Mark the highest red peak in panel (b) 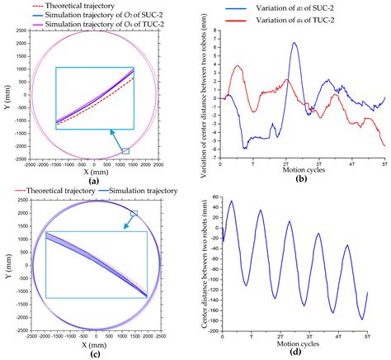pyautogui.click(x=238, y=65)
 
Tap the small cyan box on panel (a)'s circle pyautogui.click(x=125, y=151)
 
